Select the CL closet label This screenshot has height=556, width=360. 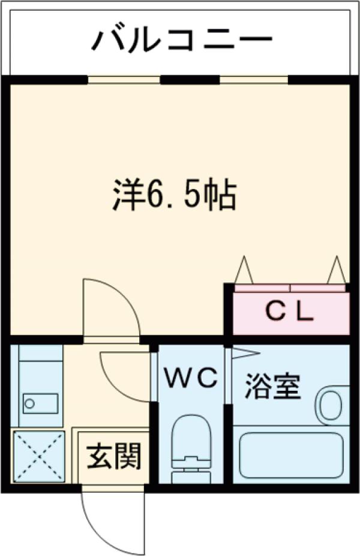290,312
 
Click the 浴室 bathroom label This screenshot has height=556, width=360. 272,388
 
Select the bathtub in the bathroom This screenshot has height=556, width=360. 290,455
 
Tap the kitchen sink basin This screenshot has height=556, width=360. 41,402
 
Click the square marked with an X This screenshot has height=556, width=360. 37,456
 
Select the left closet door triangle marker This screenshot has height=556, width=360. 244,270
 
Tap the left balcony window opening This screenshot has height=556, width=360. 124,79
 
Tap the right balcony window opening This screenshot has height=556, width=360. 254,79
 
